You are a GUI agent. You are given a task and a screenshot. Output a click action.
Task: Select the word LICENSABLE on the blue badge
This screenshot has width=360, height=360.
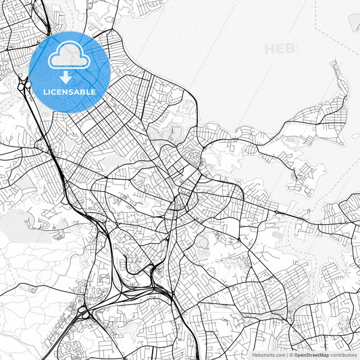pos(70,92)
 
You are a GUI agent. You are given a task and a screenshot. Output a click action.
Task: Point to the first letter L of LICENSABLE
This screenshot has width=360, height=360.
pos(45,92)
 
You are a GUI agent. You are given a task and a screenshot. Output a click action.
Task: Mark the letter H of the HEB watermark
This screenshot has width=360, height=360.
pos(270,49)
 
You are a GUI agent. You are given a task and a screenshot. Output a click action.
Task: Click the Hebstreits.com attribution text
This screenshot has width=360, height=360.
pos(269,355)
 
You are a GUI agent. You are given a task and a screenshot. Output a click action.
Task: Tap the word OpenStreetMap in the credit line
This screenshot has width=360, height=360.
pos(311,355)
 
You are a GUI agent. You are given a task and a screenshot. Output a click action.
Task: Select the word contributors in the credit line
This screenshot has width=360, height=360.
pos(343,355)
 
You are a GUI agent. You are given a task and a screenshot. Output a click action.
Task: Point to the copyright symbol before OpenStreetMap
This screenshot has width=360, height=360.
pos(291,355)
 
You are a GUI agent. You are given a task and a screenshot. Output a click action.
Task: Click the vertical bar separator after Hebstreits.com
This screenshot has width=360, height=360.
pos(286,355)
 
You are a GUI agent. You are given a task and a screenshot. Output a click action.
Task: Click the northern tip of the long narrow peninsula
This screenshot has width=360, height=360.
pos(333,63)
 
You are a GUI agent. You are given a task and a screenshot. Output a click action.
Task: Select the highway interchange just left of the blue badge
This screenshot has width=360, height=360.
pos(24,86)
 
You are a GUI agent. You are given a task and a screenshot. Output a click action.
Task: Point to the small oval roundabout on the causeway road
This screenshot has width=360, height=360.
pos(276,213)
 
